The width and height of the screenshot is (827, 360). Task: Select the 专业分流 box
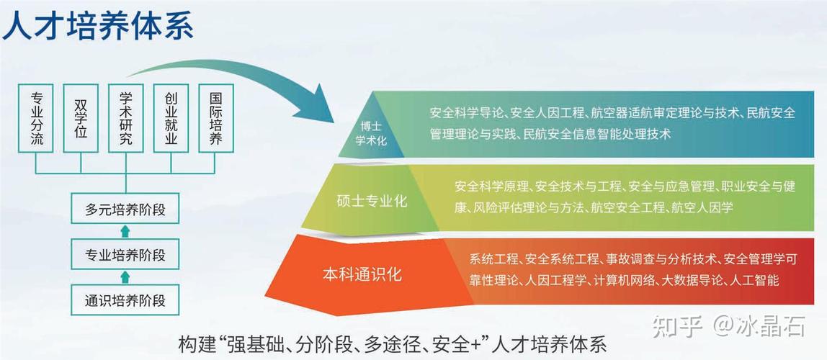37,118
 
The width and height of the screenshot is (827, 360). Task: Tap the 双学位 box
81,118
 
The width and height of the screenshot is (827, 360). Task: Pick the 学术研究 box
125,118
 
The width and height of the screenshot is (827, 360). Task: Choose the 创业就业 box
171,118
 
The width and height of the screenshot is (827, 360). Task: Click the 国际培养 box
215,118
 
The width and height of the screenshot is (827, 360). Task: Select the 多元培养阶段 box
125,210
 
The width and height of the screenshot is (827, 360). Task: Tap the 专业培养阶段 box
125,254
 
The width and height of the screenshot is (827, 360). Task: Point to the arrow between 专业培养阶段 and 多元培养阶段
125,232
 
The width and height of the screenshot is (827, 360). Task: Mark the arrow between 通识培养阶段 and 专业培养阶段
125,276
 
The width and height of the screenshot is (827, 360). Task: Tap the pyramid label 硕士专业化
372,201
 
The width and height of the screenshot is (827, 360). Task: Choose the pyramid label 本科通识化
362,274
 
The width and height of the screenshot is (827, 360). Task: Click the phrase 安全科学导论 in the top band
465,113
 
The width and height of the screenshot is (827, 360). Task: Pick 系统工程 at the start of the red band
494,258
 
